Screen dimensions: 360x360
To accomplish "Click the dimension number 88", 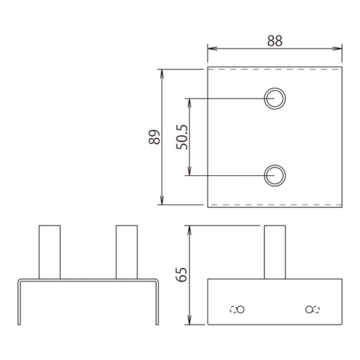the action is click(275, 41).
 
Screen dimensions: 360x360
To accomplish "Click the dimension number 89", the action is click(154, 137).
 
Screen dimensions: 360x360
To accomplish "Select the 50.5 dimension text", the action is click(182, 137).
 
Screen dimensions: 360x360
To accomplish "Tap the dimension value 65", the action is click(181, 275).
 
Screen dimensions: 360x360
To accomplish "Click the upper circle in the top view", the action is click(275, 88).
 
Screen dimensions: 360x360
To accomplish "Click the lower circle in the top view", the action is click(275, 165).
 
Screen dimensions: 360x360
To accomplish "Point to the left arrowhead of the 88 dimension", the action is click(212, 49).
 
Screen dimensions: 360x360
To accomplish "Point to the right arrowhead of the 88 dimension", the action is click(337, 49).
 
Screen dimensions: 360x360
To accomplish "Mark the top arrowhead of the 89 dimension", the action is click(162, 74).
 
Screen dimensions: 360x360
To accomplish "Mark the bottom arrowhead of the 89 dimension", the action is click(162, 200).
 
